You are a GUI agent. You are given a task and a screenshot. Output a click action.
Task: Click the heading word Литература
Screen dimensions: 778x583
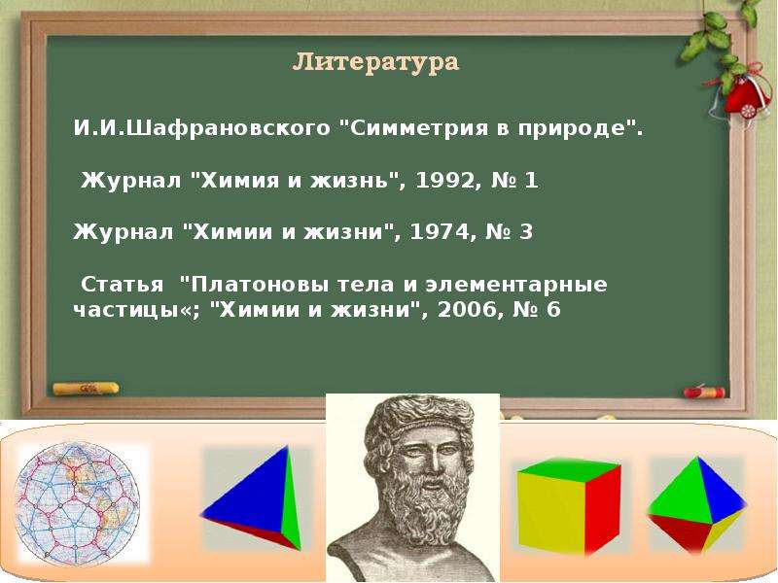[375, 62]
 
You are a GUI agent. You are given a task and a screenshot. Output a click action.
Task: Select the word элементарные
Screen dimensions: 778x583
[516, 286]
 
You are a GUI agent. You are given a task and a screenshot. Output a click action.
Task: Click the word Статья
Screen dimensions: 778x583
[123, 285]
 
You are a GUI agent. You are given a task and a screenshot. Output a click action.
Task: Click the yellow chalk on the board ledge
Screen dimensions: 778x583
[86, 388]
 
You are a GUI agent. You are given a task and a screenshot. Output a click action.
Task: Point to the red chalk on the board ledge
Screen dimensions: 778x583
[704, 393]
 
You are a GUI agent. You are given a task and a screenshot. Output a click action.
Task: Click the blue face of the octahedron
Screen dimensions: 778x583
[720, 489]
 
